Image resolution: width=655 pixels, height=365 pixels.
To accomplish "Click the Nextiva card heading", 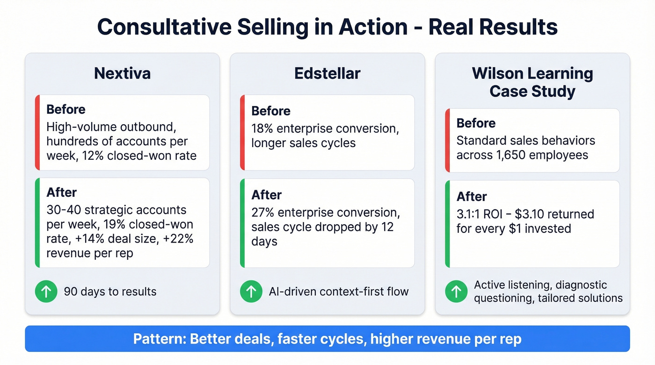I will coord(122,73).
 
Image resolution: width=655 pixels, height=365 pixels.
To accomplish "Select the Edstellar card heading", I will coord(327,73).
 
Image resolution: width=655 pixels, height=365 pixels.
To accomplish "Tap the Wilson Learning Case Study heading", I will coord(532,82).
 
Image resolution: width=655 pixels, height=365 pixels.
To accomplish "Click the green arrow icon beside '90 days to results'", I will coord(46,292).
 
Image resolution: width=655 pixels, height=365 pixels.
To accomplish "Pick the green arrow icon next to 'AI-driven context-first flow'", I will coord(251,292).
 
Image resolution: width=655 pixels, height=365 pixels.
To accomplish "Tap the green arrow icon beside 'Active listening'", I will coord(456,292).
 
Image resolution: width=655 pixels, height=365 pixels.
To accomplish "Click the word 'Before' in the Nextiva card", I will coord(66,110).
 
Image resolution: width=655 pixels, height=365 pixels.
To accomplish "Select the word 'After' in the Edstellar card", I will coord(267,195).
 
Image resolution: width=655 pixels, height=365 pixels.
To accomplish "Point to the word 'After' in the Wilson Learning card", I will coord(472,196).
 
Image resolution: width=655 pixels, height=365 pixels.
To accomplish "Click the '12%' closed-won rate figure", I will coord(93,155).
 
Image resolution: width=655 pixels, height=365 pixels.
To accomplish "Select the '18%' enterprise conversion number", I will coord(262,128).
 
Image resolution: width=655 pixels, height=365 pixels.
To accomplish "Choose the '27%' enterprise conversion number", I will coord(262,213).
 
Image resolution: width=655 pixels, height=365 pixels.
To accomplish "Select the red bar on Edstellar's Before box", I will coord(242,133).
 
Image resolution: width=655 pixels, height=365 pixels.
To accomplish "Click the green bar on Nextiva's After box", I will coord(37,223).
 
